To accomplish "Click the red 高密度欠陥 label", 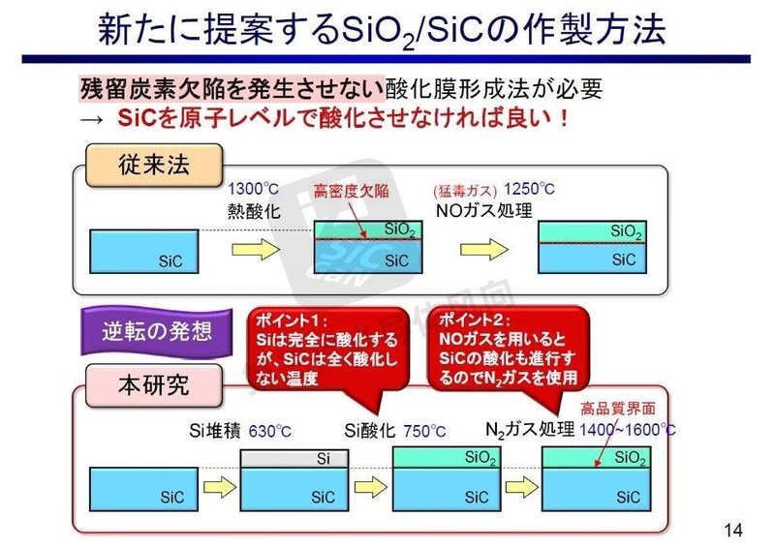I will pos(352,190).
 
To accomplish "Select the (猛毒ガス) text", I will pos(466,190).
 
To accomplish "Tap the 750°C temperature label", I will pos(426,431).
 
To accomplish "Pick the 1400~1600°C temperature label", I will pos(627,430).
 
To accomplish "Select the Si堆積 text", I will pos(212,431).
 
